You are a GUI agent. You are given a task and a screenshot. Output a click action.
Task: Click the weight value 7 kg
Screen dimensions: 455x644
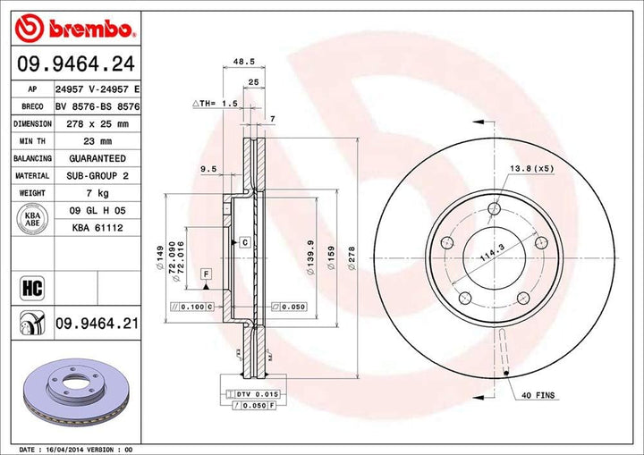[90, 193]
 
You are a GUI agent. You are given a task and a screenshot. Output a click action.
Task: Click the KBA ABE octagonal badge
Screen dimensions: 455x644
[31, 220]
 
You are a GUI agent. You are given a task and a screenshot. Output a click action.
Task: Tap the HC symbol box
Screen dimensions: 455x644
[30, 288]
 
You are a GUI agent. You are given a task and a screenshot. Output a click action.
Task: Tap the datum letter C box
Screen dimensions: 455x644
[243, 242]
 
